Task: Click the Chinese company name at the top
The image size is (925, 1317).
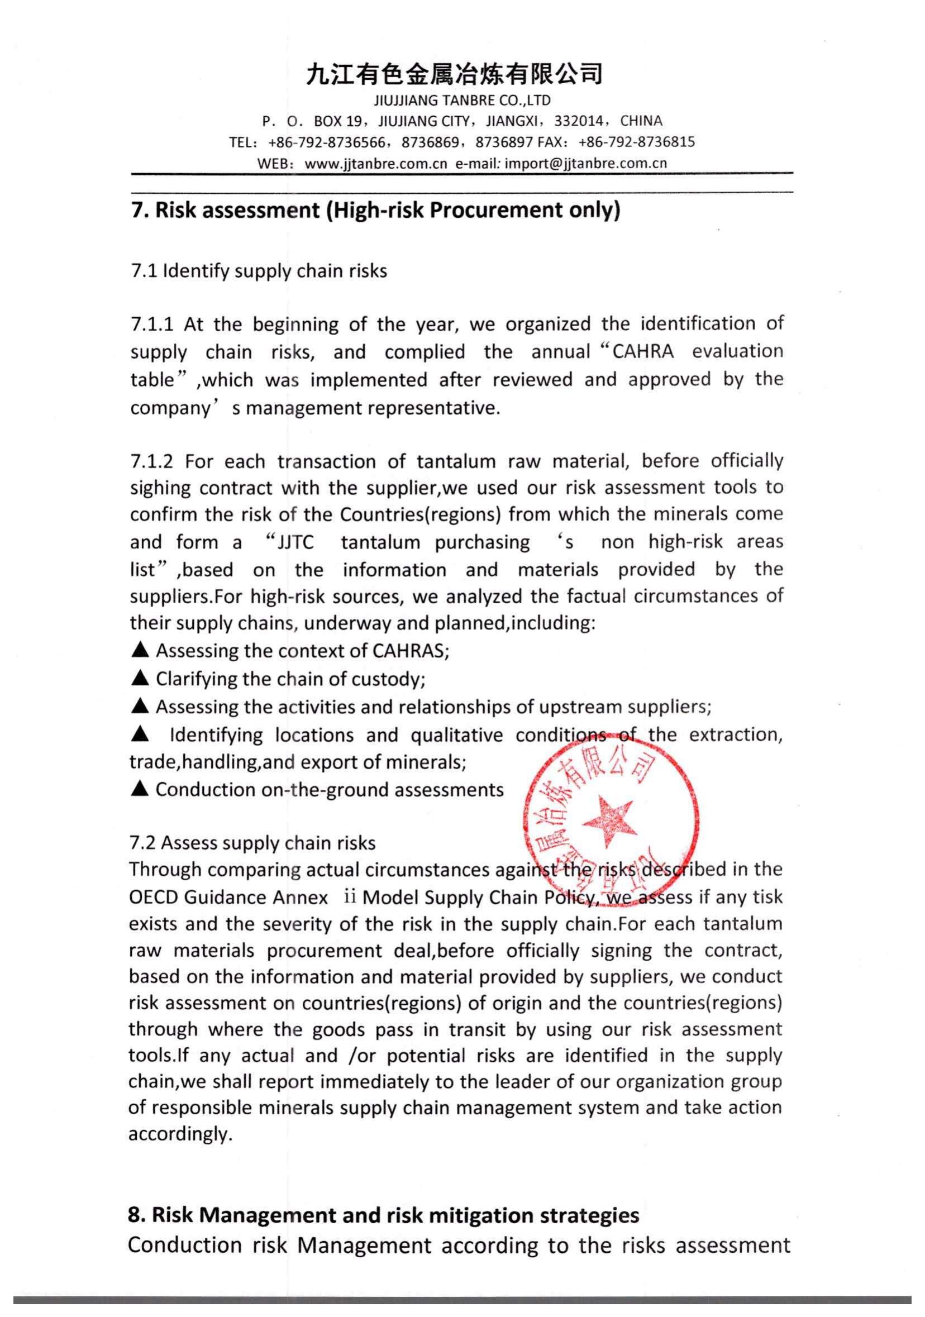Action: point(454,74)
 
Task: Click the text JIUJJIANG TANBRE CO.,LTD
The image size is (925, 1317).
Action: point(462,101)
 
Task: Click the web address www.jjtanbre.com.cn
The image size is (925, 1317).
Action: point(375,164)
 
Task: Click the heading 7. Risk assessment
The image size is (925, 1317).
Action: point(375,211)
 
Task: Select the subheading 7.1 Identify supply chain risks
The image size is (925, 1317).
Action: point(259,271)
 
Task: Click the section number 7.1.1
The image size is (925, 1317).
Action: point(151,325)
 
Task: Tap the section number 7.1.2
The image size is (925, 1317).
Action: point(151,461)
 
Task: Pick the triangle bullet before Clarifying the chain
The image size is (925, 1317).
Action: point(140,679)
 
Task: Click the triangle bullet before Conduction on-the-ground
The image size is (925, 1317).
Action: point(140,789)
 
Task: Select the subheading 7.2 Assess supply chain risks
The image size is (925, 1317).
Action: point(252,843)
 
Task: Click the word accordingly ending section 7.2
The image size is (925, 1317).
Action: point(180,1134)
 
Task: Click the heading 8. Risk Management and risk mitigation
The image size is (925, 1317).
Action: point(383,1215)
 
